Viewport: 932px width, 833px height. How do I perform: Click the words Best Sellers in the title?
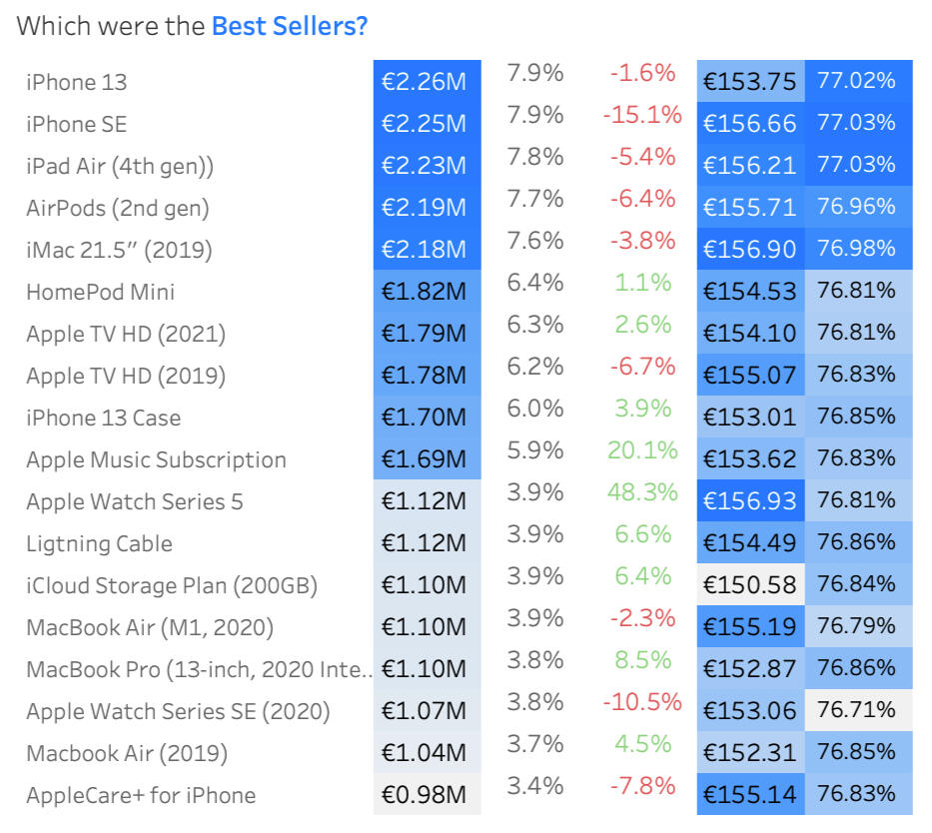point(289,26)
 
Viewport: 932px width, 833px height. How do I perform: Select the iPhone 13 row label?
point(77,82)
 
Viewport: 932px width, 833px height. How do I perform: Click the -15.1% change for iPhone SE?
point(642,115)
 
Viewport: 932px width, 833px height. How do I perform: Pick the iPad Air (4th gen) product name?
point(120,166)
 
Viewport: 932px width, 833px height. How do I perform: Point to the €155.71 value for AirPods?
point(750,208)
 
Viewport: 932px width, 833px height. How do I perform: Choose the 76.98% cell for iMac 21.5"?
point(856,249)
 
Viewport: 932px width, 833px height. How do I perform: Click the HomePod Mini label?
point(100,292)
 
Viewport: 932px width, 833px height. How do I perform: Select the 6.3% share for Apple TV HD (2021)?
point(535,325)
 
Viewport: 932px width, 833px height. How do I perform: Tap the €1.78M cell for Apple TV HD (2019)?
point(424,376)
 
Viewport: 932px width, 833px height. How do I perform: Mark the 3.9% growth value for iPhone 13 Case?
point(643,409)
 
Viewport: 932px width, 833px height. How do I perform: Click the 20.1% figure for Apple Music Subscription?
point(642,450)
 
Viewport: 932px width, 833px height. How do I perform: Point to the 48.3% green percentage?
point(642,492)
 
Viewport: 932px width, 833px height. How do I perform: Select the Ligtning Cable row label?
point(99,543)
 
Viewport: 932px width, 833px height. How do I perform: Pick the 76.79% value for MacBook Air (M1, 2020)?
point(856,626)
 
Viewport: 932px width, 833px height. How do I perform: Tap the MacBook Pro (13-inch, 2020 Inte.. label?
point(199,669)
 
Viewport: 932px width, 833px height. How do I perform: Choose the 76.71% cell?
point(856,710)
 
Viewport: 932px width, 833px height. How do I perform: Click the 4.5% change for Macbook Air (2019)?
point(643,744)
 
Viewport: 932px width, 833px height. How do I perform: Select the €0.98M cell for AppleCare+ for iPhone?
point(424,795)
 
